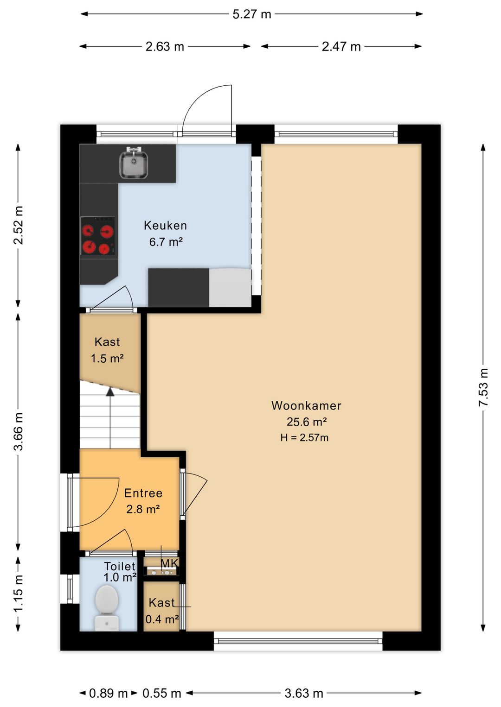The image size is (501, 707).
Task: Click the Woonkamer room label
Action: [x=306, y=405]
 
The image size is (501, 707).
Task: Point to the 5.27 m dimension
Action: [x=252, y=14]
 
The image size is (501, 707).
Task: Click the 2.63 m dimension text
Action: [x=165, y=47]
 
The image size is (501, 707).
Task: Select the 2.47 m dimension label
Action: [x=341, y=47]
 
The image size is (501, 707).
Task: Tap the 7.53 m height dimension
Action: [x=483, y=387]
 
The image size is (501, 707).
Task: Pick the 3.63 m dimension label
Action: [x=304, y=694]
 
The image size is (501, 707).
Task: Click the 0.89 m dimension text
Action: [x=109, y=694]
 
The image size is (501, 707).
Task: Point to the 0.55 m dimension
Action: [x=162, y=694]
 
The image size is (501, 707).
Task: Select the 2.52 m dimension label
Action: [x=19, y=225]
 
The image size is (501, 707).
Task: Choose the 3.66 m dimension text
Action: [x=19, y=431]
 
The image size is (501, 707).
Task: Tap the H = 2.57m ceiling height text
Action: [x=304, y=438]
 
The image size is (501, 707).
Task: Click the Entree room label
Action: [x=143, y=493]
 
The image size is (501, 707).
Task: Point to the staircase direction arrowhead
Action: [x=110, y=391]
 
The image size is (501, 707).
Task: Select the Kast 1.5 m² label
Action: [x=107, y=350]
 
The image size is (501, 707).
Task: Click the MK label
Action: [x=170, y=563]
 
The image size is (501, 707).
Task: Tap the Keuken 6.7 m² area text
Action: [x=166, y=242]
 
